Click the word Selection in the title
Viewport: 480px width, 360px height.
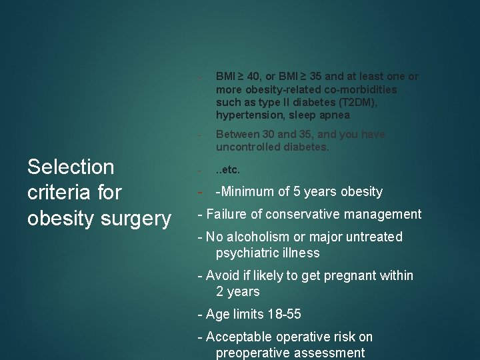tap(71, 167)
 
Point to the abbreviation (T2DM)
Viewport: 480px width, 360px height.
tap(356, 102)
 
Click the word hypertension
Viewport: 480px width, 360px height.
tap(245, 115)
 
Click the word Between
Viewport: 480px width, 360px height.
tap(237, 134)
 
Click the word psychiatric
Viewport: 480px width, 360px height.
tap(245, 253)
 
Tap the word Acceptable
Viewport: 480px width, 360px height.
tap(239, 337)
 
